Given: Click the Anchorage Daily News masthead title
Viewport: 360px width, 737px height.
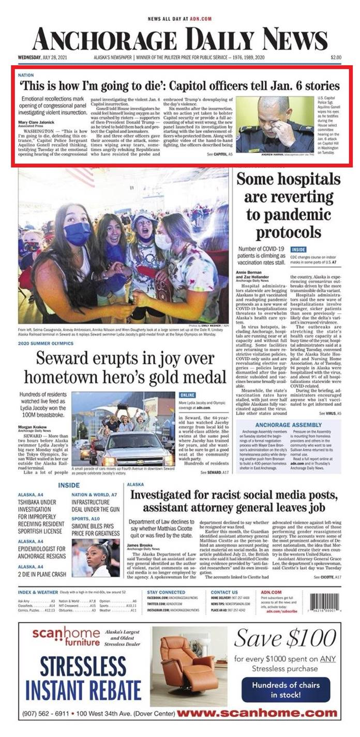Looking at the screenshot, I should (x=179, y=39).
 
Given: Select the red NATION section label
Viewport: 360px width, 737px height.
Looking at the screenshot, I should (x=26, y=75).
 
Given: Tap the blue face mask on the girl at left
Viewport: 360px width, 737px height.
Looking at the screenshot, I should (x=78, y=234).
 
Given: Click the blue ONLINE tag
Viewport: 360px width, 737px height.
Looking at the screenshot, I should (x=187, y=396).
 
